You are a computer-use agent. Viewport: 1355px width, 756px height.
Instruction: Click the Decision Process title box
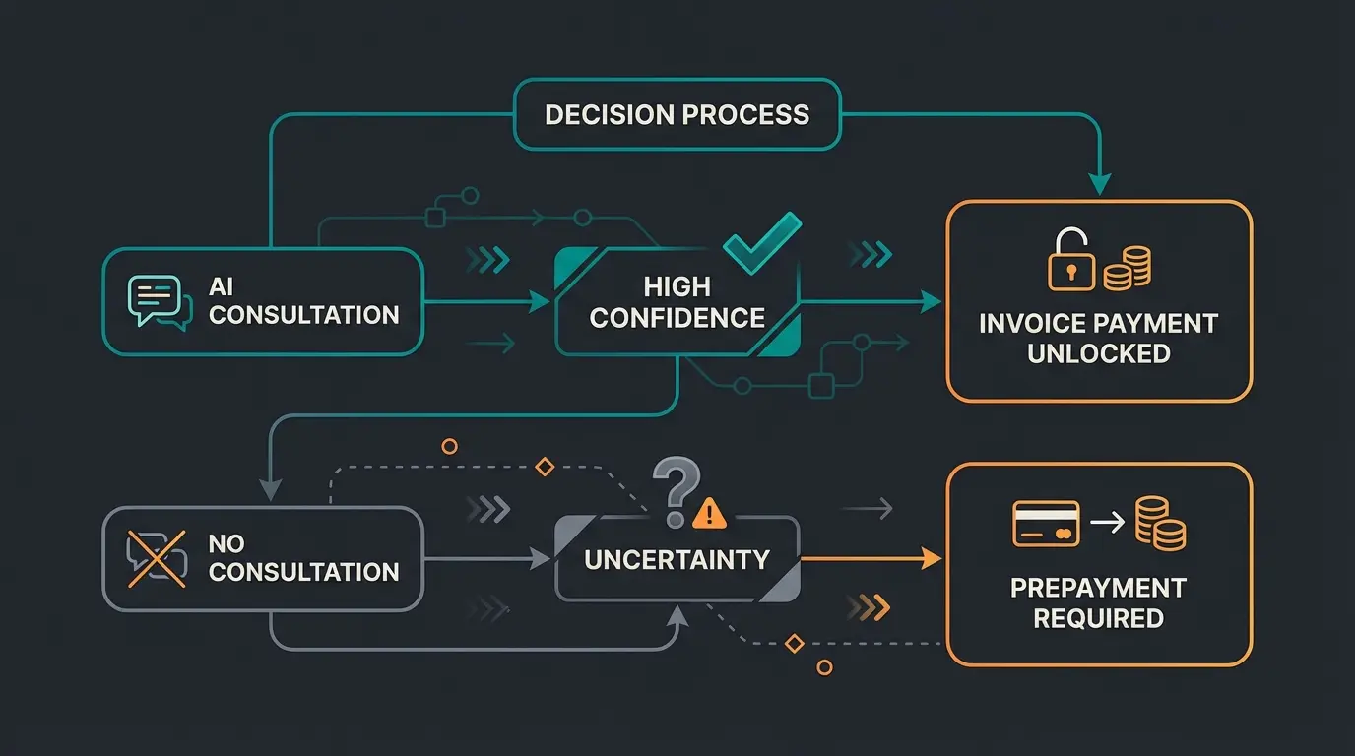pyautogui.click(x=677, y=114)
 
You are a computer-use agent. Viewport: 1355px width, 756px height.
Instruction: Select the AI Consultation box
pyautogui.click(x=263, y=301)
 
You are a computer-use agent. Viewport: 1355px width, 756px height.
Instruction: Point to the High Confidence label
pyautogui.click(x=677, y=302)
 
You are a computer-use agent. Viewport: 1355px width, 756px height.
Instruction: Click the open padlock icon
pyautogui.click(x=1071, y=260)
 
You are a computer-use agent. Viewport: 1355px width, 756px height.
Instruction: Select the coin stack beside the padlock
pyautogui.click(x=1127, y=267)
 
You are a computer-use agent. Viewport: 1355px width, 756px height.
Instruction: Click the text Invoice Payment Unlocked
pyautogui.click(x=1098, y=338)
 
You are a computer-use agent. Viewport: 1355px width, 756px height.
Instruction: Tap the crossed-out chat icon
pyautogui.click(x=156, y=557)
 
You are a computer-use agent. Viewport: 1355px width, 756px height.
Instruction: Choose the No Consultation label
pyautogui.click(x=303, y=557)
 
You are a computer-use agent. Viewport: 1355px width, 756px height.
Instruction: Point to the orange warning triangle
pyautogui.click(x=709, y=512)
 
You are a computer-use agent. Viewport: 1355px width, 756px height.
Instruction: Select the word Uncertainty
pyautogui.click(x=677, y=559)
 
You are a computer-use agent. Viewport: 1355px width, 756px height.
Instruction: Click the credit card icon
pyautogui.click(x=1045, y=523)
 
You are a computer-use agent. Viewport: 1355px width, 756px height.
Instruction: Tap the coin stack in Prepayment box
pyautogui.click(x=1160, y=523)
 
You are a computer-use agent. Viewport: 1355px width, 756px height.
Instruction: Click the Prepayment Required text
pyautogui.click(x=1098, y=602)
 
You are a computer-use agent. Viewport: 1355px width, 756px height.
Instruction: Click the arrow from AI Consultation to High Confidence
pyautogui.click(x=487, y=302)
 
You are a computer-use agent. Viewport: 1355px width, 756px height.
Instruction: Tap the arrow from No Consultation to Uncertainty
pyautogui.click(x=487, y=559)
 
